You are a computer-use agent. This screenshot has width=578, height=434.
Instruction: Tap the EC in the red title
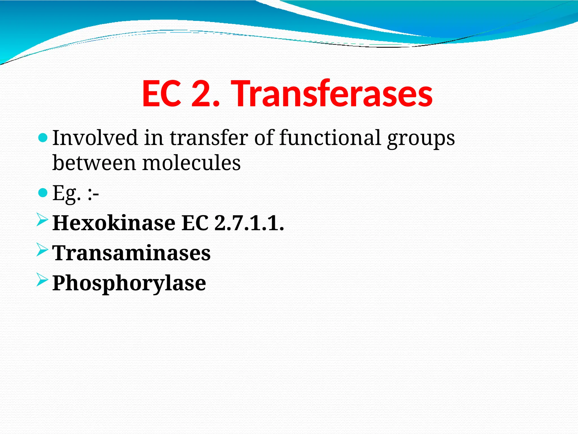point(161,94)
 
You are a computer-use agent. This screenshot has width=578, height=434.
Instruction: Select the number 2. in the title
point(205,94)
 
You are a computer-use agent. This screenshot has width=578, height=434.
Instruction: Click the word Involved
point(95,138)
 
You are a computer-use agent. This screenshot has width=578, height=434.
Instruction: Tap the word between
point(94,163)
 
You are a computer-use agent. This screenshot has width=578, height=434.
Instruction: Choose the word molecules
point(191,163)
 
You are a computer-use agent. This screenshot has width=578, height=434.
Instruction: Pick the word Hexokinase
point(114,223)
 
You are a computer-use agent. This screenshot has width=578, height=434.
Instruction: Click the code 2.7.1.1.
point(249,223)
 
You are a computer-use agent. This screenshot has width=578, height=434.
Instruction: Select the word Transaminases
point(132,253)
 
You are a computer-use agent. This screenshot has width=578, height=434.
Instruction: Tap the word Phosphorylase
point(129,283)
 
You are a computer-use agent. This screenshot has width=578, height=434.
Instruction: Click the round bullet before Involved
point(43,138)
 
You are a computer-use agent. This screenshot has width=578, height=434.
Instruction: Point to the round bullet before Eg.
point(43,193)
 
